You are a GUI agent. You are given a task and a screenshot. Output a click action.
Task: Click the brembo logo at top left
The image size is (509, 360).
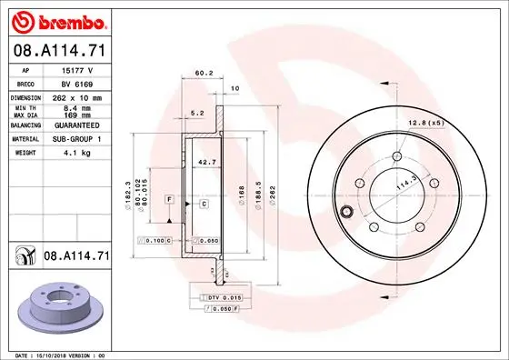point(58,20)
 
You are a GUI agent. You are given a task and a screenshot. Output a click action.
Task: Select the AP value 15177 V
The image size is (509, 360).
point(76,68)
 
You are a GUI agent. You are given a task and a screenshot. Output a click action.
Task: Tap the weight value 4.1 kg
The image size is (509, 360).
point(74,154)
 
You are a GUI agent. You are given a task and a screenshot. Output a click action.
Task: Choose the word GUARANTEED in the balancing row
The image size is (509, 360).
point(78,125)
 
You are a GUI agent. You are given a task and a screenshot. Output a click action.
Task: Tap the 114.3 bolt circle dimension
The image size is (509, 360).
point(399,185)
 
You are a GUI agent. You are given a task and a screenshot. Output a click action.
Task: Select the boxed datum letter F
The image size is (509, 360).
point(168,198)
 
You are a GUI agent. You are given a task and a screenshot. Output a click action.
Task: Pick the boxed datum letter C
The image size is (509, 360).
point(204,205)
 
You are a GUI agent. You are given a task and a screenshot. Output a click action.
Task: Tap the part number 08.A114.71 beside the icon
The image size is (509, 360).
point(76,258)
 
